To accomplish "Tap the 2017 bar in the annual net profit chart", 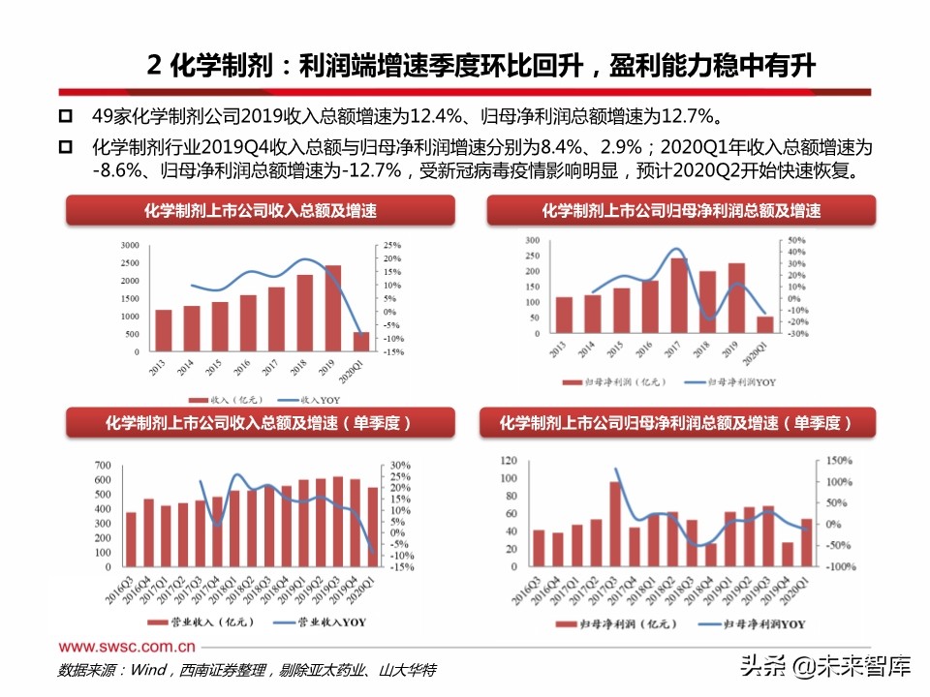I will pyautogui.click(x=679, y=295).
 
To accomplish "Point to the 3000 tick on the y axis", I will pyautogui.click(x=129, y=244).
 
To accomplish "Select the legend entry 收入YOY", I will pyautogui.click(x=297, y=398).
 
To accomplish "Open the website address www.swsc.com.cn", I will pyautogui.click(x=128, y=646).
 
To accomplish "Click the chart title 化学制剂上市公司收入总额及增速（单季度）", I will pyautogui.click(x=259, y=423).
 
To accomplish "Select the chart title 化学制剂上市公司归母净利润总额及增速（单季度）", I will pyautogui.click(x=676, y=423).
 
